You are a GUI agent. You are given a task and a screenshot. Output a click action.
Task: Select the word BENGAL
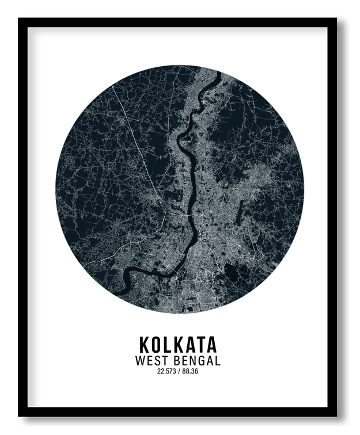(198, 361)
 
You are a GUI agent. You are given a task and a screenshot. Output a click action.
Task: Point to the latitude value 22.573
(166, 371)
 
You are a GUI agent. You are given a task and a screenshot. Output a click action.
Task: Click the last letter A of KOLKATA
(211, 344)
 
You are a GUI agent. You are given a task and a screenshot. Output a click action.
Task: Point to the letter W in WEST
(141, 361)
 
